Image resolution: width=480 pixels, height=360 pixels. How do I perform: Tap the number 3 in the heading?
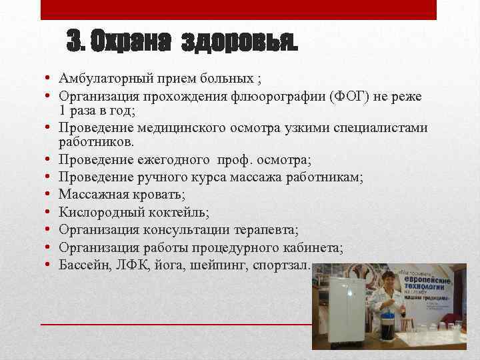pyautogui.click(x=75, y=43)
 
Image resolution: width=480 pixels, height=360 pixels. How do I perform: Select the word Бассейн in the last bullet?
pyautogui.click(x=83, y=265)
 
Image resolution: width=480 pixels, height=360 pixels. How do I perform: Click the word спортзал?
pyautogui.click(x=282, y=265)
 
